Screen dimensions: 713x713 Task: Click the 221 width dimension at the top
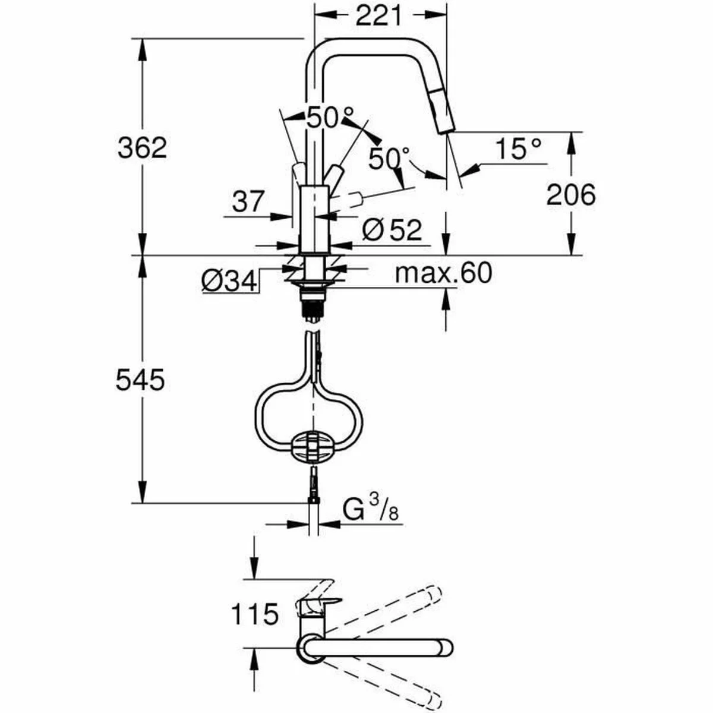pos(379,16)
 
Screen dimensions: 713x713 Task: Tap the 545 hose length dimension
pos(140,380)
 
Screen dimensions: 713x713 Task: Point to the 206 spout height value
pos(570,195)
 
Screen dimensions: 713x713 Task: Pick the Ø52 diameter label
pos(392,229)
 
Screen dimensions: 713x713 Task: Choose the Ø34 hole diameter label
pos(228,280)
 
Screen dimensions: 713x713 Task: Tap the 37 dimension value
pos(247,202)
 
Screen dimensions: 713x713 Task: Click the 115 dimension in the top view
pos(254,614)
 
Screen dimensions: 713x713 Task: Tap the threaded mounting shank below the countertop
pos(313,305)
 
